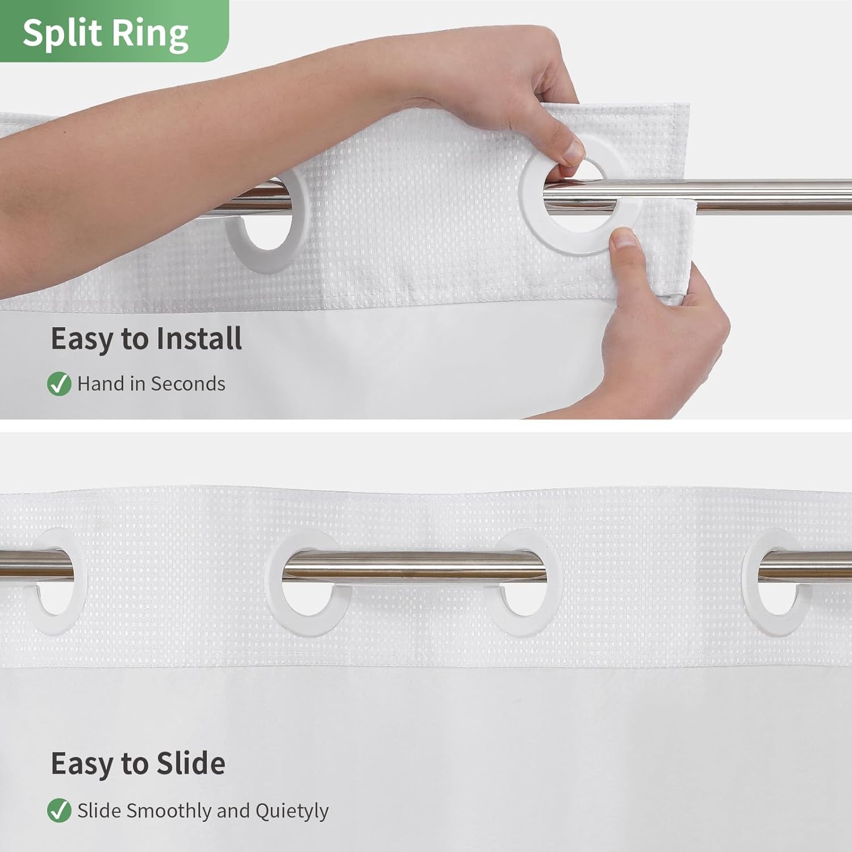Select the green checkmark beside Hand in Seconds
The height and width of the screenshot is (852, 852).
point(59,384)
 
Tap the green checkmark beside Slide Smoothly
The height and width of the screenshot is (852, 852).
point(59,811)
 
